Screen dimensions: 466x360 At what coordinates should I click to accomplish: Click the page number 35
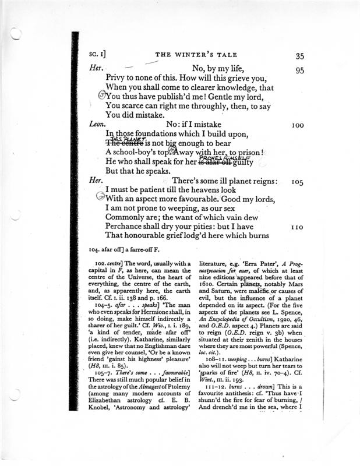301,57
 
